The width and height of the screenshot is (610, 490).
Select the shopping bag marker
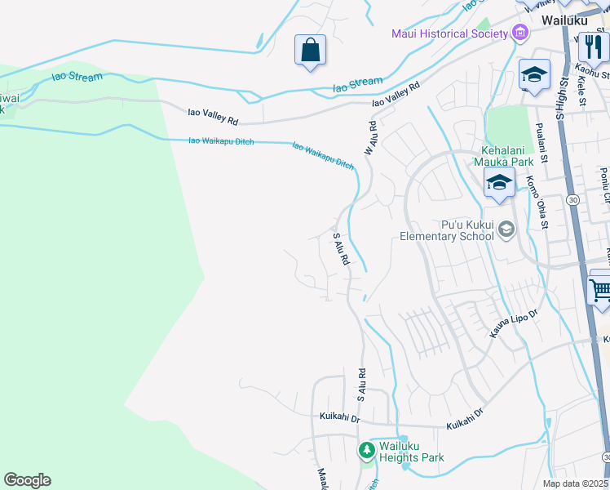pyautogui.click(x=310, y=51)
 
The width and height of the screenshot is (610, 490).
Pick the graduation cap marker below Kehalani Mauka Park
pyautogui.click(x=498, y=183)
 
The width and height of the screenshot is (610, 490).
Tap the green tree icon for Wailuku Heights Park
pyautogui.click(x=367, y=450)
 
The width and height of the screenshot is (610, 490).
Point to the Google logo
pyautogui.click(x=27, y=480)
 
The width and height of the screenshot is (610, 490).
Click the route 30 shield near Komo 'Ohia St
pyautogui.click(x=573, y=199)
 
